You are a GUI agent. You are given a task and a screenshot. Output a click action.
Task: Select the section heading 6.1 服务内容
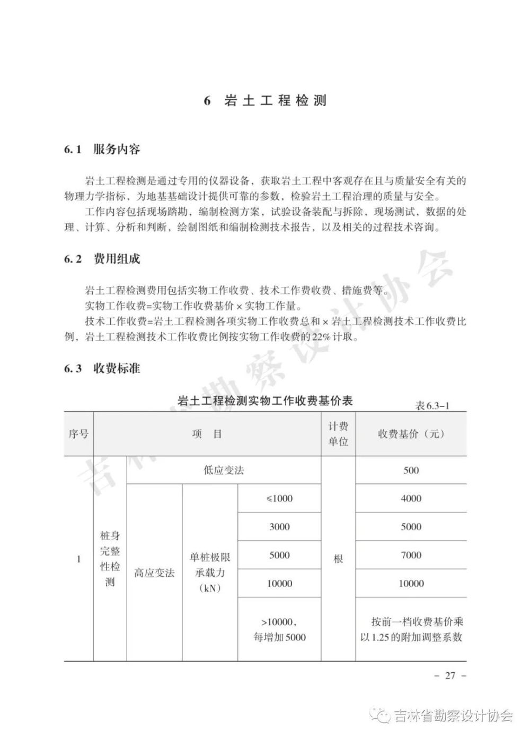(102, 150)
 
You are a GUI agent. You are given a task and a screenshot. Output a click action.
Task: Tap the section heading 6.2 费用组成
(102, 259)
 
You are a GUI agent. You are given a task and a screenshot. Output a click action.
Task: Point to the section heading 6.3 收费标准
(102, 368)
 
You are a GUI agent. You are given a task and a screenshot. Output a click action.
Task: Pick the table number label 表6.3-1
(432, 406)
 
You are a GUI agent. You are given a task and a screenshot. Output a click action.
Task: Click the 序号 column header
(78, 434)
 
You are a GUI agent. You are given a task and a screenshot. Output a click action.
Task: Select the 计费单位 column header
(338, 434)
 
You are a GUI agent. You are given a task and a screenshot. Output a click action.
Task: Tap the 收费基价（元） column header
(411, 434)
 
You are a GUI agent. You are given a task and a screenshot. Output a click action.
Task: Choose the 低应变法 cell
(224, 470)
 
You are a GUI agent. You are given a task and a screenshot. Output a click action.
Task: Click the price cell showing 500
(411, 470)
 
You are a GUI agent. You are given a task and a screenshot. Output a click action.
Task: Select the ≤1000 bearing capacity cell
(279, 498)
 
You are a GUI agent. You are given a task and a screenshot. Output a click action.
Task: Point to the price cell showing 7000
(411, 555)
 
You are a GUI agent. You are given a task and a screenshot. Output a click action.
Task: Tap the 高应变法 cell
(154, 573)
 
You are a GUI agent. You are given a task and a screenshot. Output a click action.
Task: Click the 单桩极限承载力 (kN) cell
(210, 573)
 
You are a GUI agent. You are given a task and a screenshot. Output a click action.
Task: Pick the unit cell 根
(338, 559)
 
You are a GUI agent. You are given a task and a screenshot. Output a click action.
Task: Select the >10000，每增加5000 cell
(279, 629)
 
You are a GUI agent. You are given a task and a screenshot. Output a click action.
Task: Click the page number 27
(450, 676)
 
